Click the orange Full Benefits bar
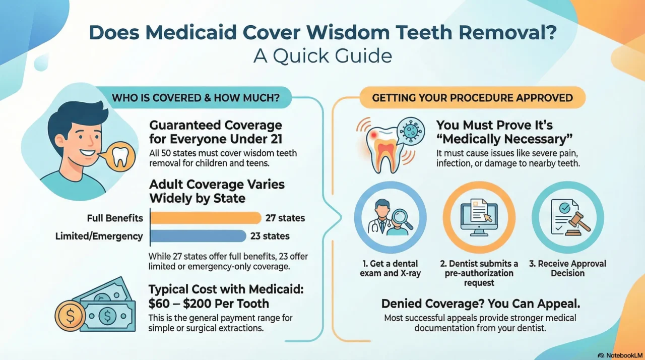206,218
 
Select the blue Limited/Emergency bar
198,236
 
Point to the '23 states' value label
270,236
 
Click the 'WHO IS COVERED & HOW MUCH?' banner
196,98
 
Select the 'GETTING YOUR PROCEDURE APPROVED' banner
472,98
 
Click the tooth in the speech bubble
120,156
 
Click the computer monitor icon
479,217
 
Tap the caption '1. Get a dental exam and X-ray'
391,268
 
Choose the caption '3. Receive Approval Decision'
568,268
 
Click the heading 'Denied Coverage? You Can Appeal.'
480,304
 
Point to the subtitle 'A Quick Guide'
322,55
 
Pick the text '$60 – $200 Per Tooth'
209,304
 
